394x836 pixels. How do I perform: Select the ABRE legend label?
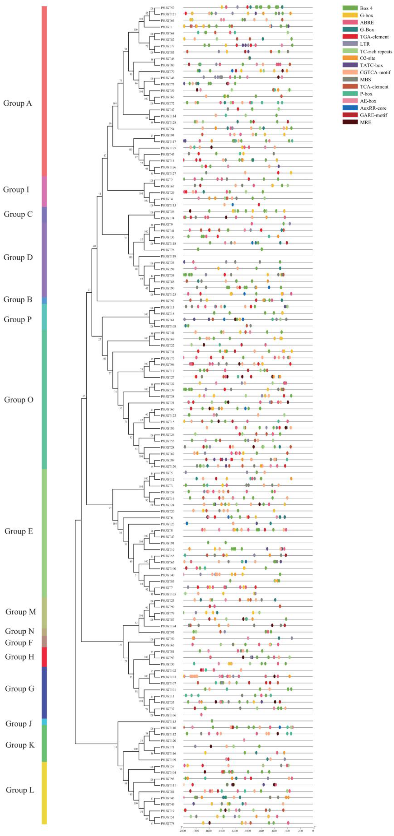367,22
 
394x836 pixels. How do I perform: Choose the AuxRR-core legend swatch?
350,108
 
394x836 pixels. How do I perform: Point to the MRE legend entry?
365,122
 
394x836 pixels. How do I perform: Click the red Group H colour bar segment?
44,657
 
